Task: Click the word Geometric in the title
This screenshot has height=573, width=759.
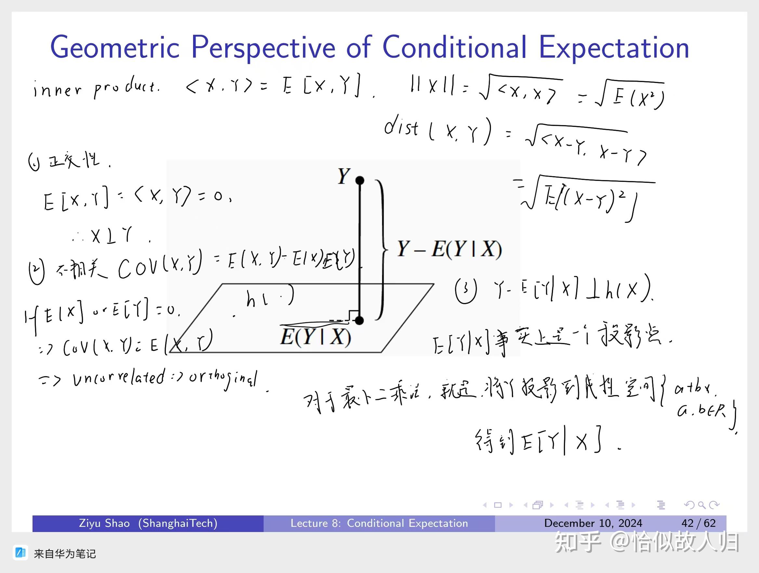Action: [x=115, y=47]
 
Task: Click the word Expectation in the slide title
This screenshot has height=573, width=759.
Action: [x=614, y=47]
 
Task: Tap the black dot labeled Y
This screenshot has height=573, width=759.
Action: [x=360, y=180]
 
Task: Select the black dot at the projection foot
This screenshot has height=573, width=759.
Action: [x=359, y=321]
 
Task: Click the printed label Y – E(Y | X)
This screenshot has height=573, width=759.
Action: [x=449, y=249]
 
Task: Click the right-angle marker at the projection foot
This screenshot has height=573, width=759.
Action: [x=353, y=315]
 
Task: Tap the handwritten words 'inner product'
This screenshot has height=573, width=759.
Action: [x=96, y=88]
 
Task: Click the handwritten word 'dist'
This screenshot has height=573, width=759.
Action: [x=401, y=127]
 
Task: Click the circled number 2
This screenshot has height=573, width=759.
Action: [x=37, y=272]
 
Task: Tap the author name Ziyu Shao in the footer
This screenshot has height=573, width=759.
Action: [x=104, y=523]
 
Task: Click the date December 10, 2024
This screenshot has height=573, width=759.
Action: [x=593, y=523]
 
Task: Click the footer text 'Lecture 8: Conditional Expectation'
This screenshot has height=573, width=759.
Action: [x=379, y=523]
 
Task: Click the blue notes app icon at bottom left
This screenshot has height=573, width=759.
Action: [x=20, y=553]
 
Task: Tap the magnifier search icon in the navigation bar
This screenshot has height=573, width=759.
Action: [x=702, y=505]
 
